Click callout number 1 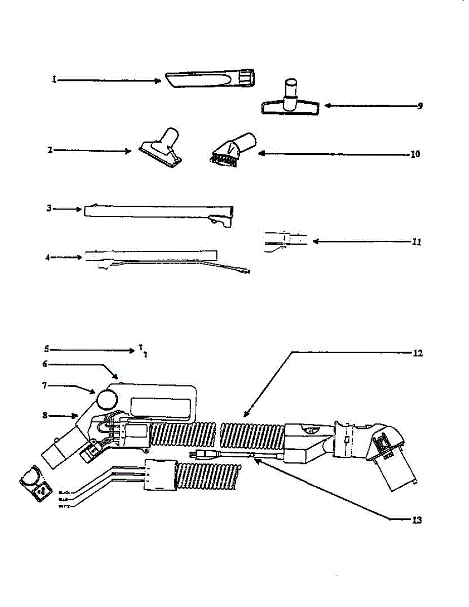pos(54,80)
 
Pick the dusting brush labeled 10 pos(232,149)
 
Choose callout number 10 pos(415,155)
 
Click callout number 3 pos(49,208)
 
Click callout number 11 pos(417,242)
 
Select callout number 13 pos(417,519)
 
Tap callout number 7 pos(44,386)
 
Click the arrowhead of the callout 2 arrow pos(129,151)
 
